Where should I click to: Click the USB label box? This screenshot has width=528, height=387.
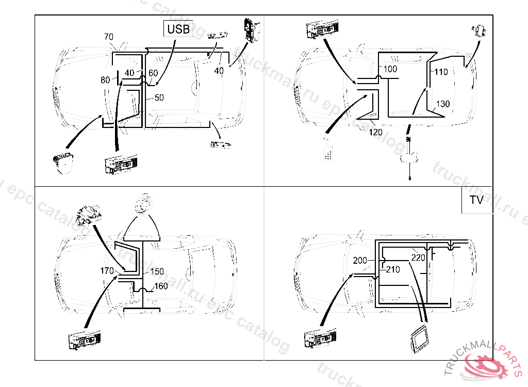pyautogui.click(x=178, y=29)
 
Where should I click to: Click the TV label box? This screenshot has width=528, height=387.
pyautogui.click(x=476, y=200)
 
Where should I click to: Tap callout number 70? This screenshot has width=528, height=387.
pyautogui.click(x=109, y=37)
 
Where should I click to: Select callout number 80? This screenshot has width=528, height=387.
pyautogui.click(x=105, y=80)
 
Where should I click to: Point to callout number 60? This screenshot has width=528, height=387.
pyautogui.click(x=153, y=73)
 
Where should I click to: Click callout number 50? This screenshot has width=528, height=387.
pyautogui.click(x=159, y=98)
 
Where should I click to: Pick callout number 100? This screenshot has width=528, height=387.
pyautogui.click(x=390, y=69)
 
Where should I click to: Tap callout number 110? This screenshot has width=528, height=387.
pyautogui.click(x=441, y=72)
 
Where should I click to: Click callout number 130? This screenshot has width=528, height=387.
pyautogui.click(x=443, y=104)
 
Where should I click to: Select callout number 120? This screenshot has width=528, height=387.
pyautogui.click(x=375, y=132)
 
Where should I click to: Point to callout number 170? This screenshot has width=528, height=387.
pyautogui.click(x=107, y=271)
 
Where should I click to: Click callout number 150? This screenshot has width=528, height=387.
pyautogui.click(x=157, y=271)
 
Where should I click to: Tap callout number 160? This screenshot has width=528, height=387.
pyautogui.click(x=161, y=286)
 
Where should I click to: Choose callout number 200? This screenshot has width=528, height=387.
pyautogui.click(x=360, y=261)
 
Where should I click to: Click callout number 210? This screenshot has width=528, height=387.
pyautogui.click(x=392, y=270)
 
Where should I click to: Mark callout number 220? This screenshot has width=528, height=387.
pyautogui.click(x=418, y=258)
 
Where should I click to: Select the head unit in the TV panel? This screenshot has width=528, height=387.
pyautogui.click(x=320, y=338)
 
